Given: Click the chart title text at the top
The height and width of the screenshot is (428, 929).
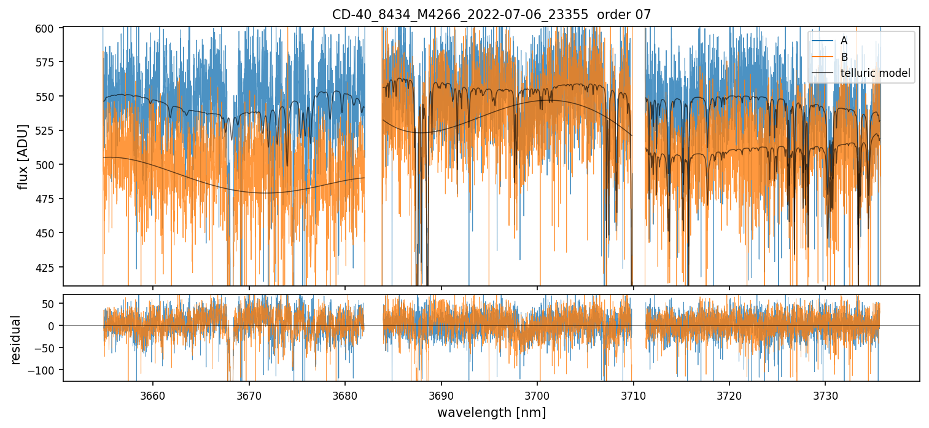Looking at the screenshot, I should (x=491, y=14).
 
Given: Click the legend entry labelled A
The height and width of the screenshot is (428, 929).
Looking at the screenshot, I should (x=844, y=41).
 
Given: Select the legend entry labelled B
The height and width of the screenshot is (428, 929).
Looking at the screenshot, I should (x=844, y=57).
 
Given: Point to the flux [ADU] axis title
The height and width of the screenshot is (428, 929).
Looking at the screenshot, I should (x=23, y=156).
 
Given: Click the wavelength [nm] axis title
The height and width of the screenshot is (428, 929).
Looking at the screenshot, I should (x=491, y=412).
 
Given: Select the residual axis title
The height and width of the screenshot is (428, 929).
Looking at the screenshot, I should (x=16, y=339).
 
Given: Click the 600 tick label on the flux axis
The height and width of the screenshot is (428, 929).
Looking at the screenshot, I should (x=49, y=28).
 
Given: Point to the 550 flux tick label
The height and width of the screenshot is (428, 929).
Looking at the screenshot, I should (x=49, y=97).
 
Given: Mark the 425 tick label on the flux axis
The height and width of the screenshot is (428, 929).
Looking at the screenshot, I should (x=49, y=267).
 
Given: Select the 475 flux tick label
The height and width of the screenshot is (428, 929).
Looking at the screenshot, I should (x=49, y=199).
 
